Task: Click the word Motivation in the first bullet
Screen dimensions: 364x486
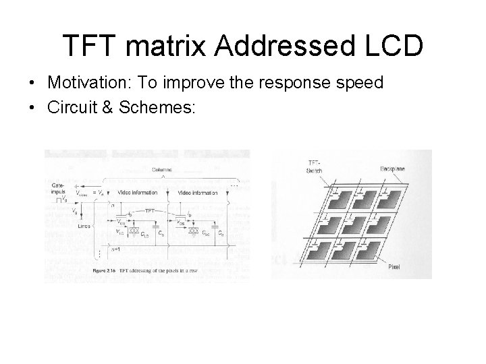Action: click(82, 83)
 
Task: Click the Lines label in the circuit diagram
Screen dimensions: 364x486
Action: click(84, 227)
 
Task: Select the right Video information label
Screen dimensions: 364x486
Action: click(198, 192)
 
